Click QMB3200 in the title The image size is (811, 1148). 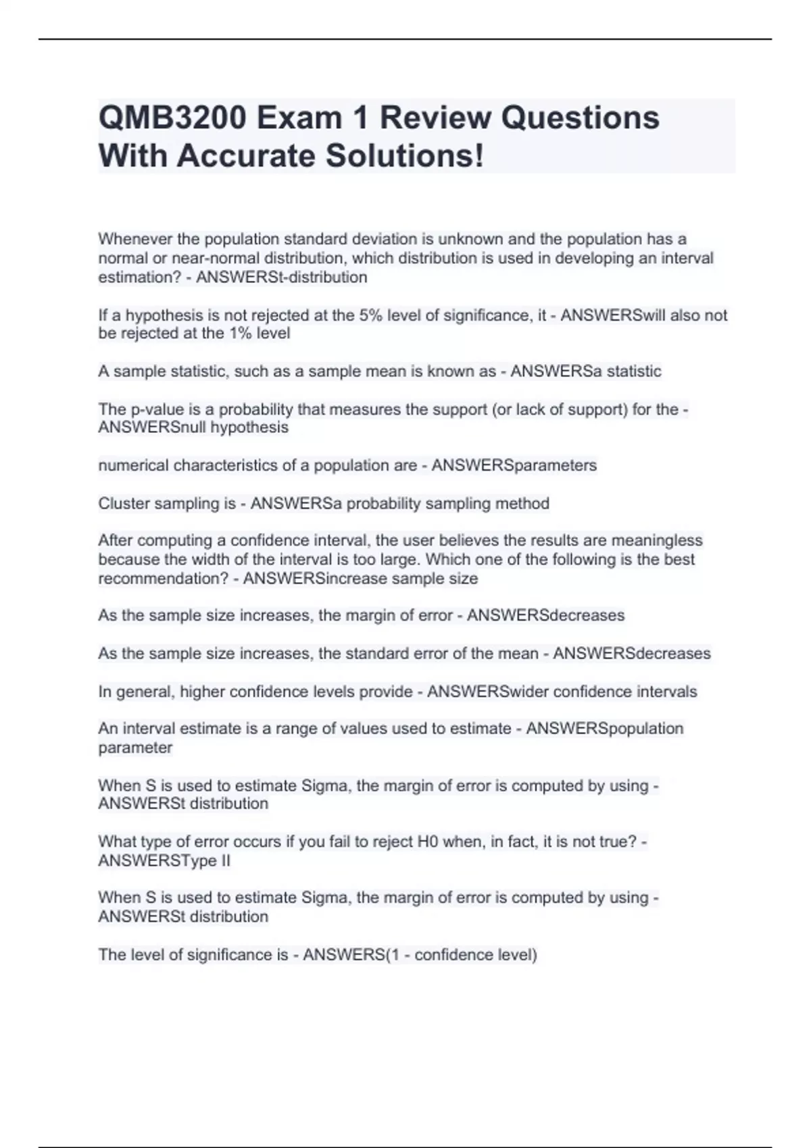click(x=172, y=118)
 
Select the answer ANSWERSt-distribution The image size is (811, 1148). click(x=282, y=278)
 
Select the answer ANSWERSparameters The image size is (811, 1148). click(x=514, y=465)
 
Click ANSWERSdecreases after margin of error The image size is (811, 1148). click(x=545, y=615)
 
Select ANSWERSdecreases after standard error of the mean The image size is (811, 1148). click(x=632, y=654)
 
